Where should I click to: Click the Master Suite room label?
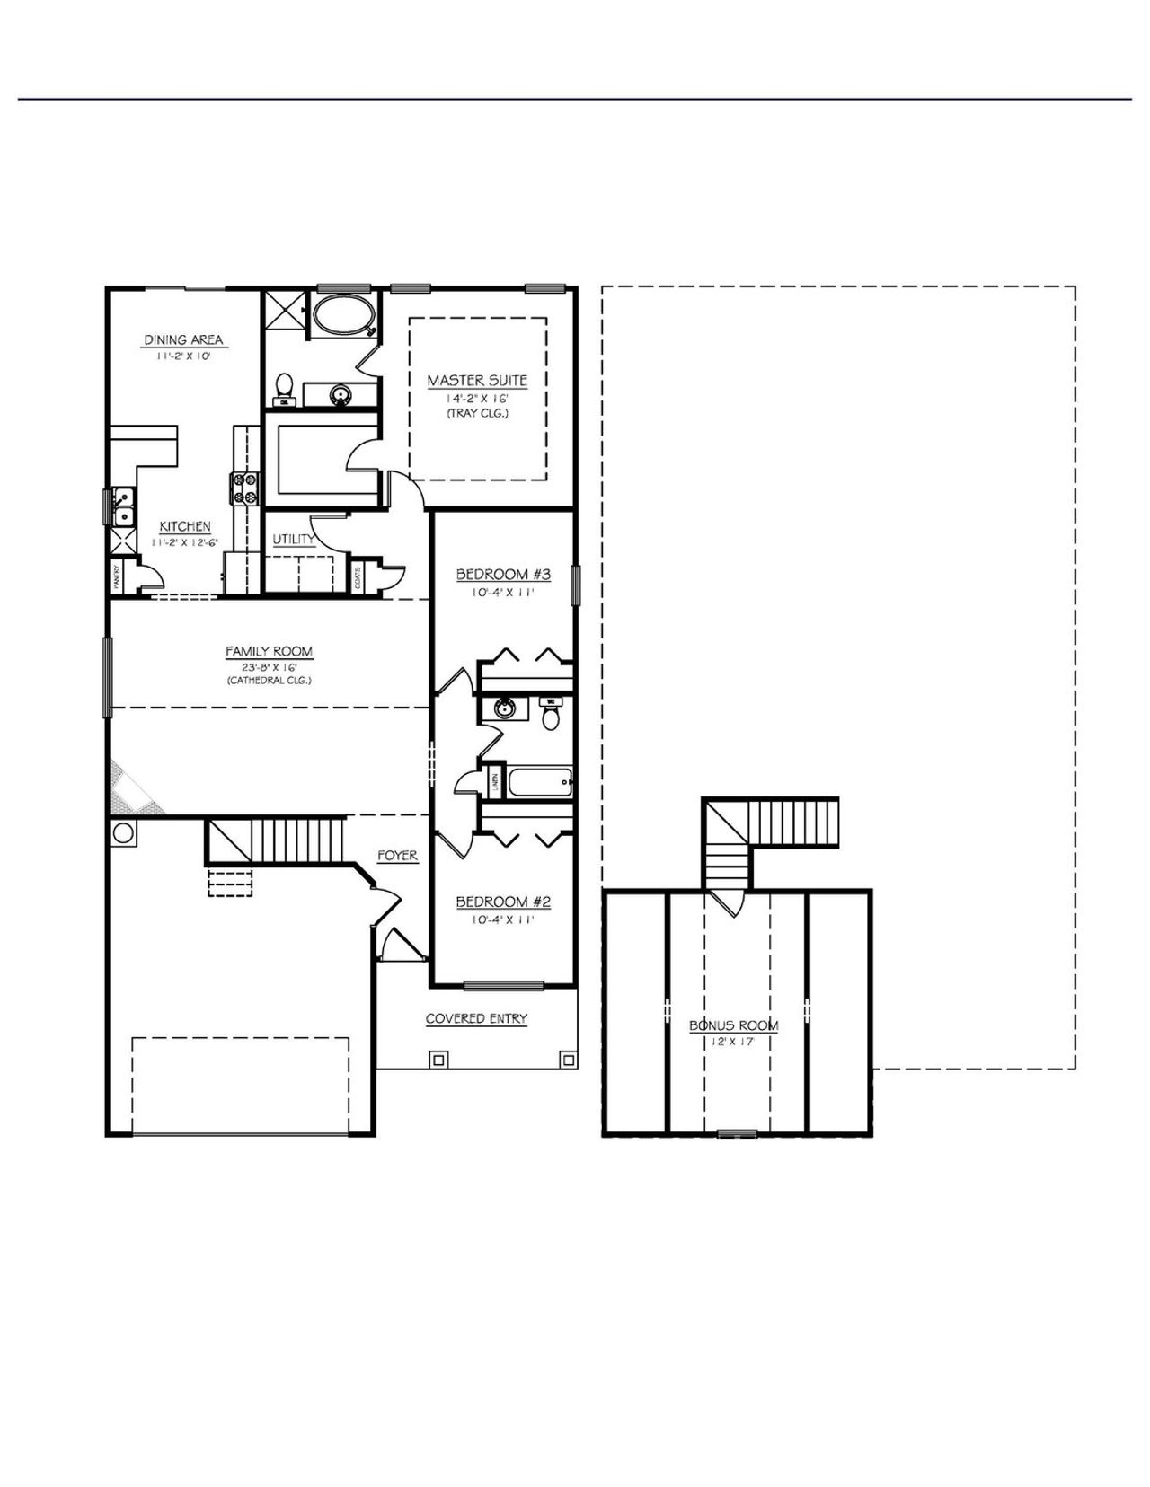(x=477, y=381)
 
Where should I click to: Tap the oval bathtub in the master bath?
(x=341, y=316)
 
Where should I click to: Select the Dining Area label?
(x=183, y=339)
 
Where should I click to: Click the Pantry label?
(x=118, y=578)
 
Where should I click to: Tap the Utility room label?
(x=294, y=539)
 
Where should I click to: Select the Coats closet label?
(x=358, y=577)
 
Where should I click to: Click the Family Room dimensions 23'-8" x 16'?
(x=269, y=666)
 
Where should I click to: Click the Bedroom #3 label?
(x=502, y=575)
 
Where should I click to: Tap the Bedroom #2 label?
(x=502, y=902)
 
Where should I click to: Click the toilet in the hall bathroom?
(x=551, y=717)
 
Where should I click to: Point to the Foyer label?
(x=397, y=856)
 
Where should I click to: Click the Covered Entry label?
(x=476, y=1018)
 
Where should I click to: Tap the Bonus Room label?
(x=733, y=1025)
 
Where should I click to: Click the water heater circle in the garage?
(x=124, y=832)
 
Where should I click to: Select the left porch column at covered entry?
(x=438, y=1060)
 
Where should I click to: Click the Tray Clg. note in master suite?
(x=477, y=414)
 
